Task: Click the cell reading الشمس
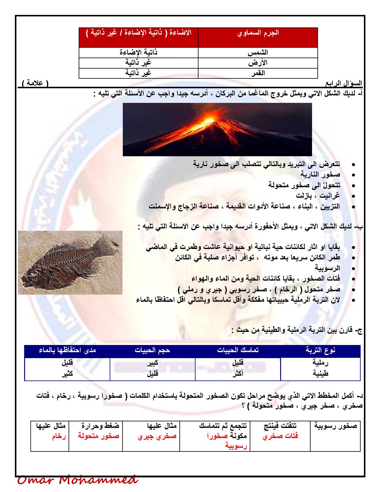click(258, 52)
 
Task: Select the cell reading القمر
click(258, 73)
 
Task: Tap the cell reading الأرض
click(258, 63)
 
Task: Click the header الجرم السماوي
click(258, 33)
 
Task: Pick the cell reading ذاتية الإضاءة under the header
click(138, 52)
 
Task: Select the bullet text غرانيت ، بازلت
click(318, 196)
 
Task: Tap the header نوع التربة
click(320, 350)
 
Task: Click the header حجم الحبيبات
click(152, 350)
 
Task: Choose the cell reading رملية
click(320, 363)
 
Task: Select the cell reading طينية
click(320, 373)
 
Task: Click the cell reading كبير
click(152, 363)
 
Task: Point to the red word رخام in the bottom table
click(59, 436)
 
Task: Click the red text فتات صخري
click(280, 436)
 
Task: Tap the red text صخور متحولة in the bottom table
click(99, 436)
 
